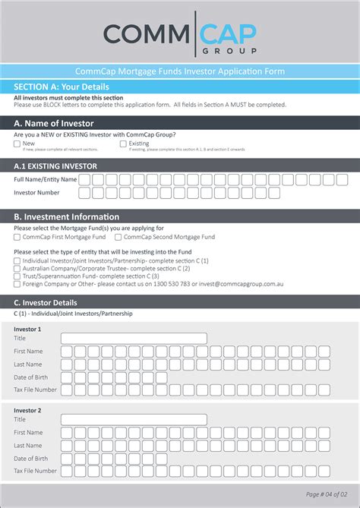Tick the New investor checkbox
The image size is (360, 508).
(17, 143)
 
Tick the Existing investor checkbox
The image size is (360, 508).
(123, 143)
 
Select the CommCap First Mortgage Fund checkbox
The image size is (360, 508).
(17, 237)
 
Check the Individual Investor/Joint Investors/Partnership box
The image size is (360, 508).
(17, 261)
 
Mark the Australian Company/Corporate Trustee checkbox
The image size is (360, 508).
(17, 269)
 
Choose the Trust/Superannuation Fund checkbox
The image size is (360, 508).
(17, 276)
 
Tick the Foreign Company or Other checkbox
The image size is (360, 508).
(17, 284)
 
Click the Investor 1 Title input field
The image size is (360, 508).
(134, 338)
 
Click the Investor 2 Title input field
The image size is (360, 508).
(134, 419)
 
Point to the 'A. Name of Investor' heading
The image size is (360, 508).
(54, 122)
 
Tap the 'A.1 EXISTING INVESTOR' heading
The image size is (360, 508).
(55, 166)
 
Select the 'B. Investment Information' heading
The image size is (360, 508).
(66, 216)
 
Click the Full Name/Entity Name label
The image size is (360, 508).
(46, 180)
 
